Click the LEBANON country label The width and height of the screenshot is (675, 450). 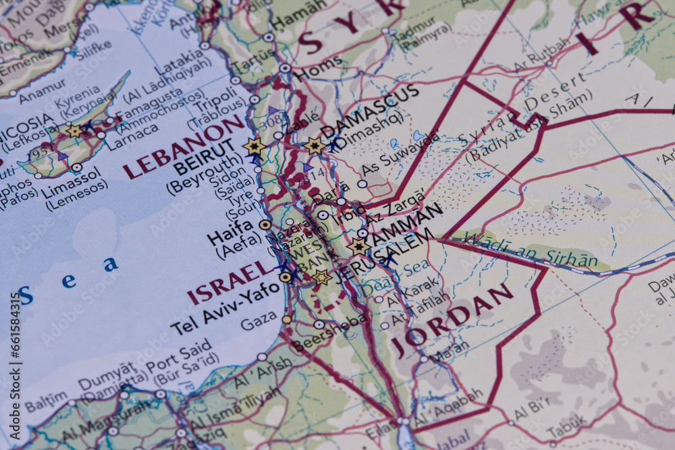pyautogui.click(x=184, y=146)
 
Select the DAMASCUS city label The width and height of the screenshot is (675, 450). pyautogui.click(x=370, y=111)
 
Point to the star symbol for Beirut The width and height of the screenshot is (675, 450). pyautogui.click(x=254, y=146)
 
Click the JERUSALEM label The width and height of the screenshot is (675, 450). pyautogui.click(x=381, y=256)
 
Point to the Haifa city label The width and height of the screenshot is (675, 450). pyautogui.click(x=230, y=236)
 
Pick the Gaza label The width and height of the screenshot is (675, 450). pyautogui.click(x=259, y=321)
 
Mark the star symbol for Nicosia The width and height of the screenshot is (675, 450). pyautogui.click(x=74, y=131)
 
